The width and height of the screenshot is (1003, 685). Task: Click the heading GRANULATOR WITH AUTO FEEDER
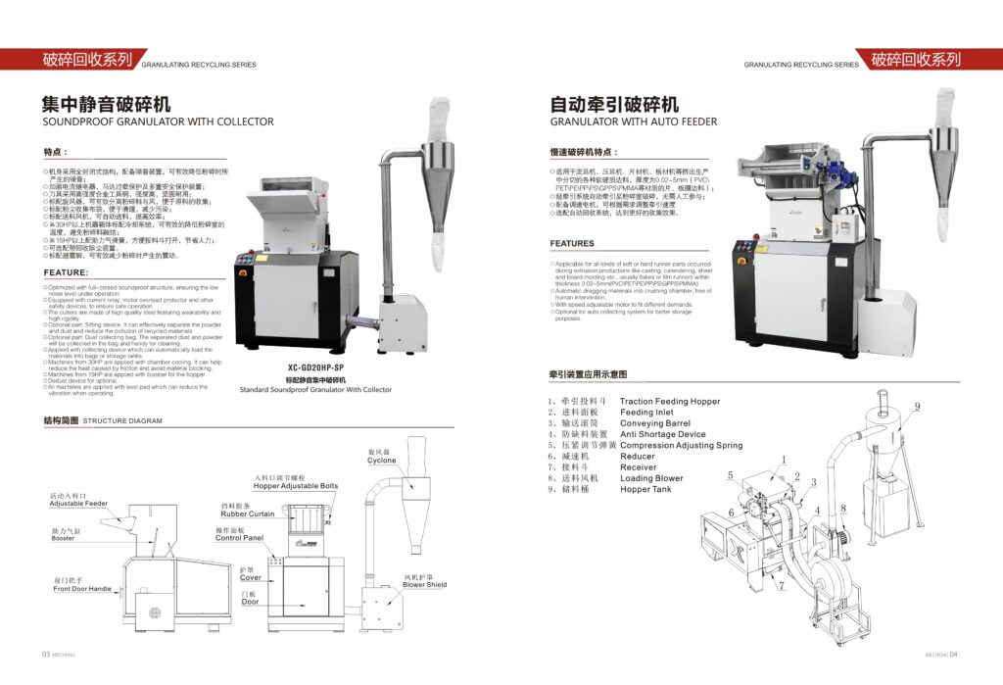pos(633,122)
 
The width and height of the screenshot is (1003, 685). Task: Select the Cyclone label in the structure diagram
pos(382,460)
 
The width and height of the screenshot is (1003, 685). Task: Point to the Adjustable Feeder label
pos(78,504)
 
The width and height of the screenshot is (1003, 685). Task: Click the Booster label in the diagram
pos(64,538)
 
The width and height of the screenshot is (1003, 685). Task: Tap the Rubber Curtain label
pos(248,514)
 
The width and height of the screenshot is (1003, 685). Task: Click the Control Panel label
pos(240,538)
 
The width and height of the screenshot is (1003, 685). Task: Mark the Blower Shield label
pos(425,585)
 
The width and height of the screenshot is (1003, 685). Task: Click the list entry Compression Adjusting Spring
pos(681,446)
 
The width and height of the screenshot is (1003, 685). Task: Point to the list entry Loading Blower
pos(651,478)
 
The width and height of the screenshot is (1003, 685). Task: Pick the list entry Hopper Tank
pos(645,489)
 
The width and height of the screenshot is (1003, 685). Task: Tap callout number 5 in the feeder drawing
pos(731,475)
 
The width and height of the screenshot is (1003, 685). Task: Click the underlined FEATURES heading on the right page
pos(572,243)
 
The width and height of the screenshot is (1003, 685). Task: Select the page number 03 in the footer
pos(45,655)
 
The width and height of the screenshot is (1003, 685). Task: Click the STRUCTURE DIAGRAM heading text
pos(122,420)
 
